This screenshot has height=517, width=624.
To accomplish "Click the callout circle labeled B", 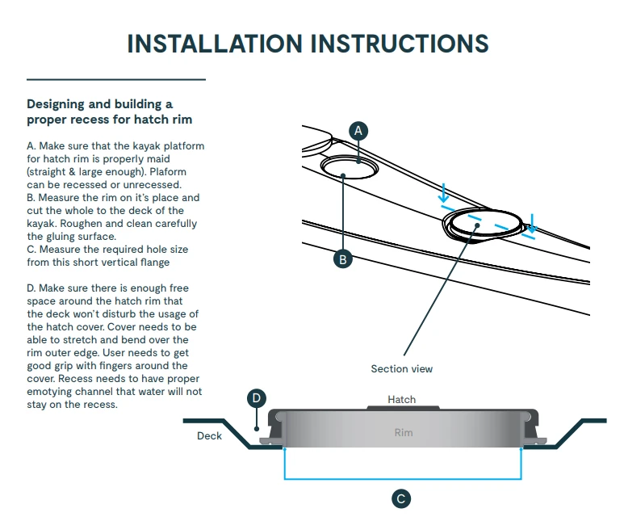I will pyautogui.click(x=343, y=259).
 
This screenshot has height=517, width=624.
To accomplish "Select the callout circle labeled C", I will pyautogui.click(x=401, y=498).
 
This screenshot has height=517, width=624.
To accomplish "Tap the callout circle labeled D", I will pyautogui.click(x=256, y=398).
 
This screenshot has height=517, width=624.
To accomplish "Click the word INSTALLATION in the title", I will pyautogui.click(x=216, y=43).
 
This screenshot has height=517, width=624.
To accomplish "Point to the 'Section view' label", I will pyautogui.click(x=401, y=369).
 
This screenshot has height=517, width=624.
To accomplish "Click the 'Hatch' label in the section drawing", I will pyautogui.click(x=401, y=399).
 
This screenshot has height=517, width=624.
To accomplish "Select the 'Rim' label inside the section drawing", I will pyautogui.click(x=404, y=432).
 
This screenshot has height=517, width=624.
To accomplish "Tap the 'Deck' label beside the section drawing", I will pyautogui.click(x=209, y=436).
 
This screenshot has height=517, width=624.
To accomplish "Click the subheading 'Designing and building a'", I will pyautogui.click(x=100, y=104).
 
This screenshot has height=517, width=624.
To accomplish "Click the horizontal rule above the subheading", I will pyautogui.click(x=116, y=80).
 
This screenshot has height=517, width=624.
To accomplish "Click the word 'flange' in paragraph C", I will pyautogui.click(x=154, y=263).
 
